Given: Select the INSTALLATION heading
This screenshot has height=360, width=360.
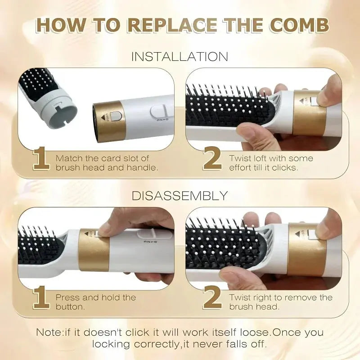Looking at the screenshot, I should tap(180, 57).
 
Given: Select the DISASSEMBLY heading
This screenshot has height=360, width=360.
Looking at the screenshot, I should tap(180, 196).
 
